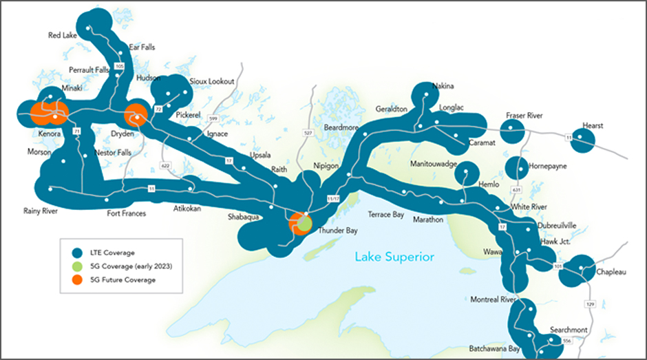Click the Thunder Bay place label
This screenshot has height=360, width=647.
click(x=337, y=231)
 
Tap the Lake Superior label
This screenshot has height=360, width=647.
click(x=394, y=257)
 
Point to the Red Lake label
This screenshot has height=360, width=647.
click(x=62, y=35)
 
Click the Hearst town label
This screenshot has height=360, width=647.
click(x=592, y=126)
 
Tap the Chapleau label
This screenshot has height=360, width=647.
click(x=611, y=273)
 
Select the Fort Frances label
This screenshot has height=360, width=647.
click(x=127, y=213)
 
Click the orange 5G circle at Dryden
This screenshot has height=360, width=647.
click(x=136, y=116)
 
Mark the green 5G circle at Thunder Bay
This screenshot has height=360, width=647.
click(x=304, y=224)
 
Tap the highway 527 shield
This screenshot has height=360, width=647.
click(x=308, y=132)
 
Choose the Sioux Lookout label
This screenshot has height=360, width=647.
click(x=212, y=81)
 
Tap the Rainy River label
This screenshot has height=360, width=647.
click(x=40, y=211)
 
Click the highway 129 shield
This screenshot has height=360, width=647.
click(x=589, y=304)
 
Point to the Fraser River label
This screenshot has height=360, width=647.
click(x=524, y=116)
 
